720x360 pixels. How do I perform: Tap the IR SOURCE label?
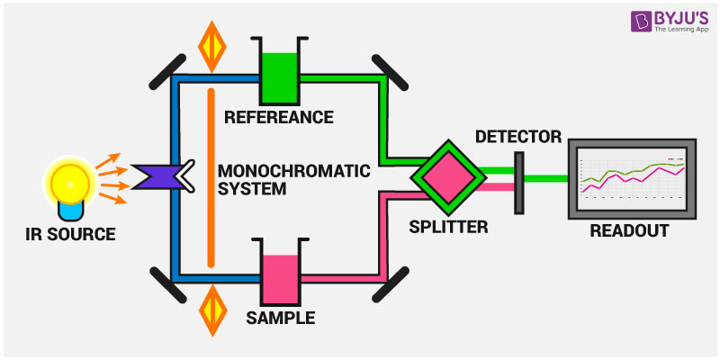[71, 235]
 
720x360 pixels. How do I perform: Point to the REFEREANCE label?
[279, 117]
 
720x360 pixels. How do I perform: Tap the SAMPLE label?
[279, 318]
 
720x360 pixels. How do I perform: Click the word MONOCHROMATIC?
[284, 169]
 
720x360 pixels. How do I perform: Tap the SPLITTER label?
[448, 227]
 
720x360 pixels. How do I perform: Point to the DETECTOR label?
[517, 137]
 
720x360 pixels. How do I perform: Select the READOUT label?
[629, 230]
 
